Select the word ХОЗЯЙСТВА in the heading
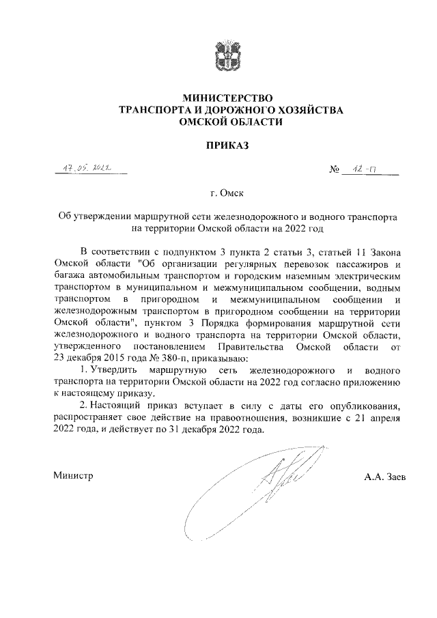(x=306, y=110)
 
